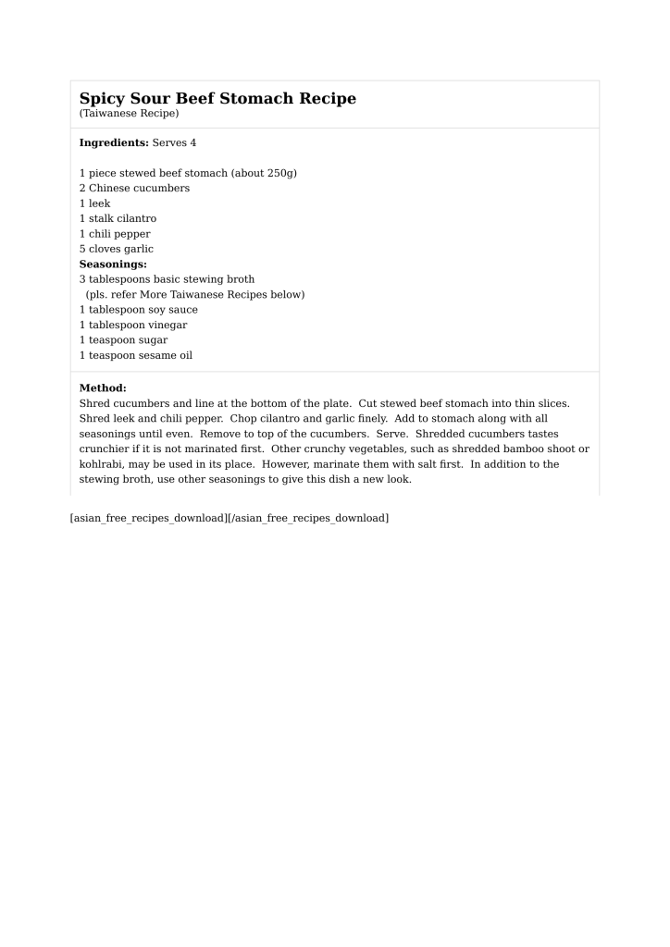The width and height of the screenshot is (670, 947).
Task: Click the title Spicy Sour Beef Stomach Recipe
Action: [217, 98]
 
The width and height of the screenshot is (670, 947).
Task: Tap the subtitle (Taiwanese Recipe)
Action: [129, 114]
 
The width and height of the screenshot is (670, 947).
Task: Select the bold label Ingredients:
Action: [114, 143]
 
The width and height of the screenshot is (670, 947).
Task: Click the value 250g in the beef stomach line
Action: [276, 173]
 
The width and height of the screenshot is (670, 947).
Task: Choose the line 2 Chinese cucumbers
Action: [134, 188]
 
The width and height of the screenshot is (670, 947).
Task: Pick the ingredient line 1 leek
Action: [94, 203]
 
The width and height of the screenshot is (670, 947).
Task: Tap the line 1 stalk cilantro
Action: [118, 218]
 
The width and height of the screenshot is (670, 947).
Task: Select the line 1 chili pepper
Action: [115, 234]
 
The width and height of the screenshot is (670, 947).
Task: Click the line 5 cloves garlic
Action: [117, 249]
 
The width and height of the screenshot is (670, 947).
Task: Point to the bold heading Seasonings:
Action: [113, 264]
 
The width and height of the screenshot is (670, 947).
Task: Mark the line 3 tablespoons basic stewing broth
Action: [167, 279]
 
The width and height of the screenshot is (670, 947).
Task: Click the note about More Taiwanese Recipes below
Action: [194, 295]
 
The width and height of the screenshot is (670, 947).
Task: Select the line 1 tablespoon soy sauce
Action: [138, 310]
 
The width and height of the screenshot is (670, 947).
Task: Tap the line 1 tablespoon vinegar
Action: [133, 325]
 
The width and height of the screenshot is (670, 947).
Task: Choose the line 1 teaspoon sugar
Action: [123, 340]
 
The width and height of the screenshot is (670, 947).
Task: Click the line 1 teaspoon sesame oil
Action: [136, 355]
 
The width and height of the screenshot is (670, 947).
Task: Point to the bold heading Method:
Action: [103, 388]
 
